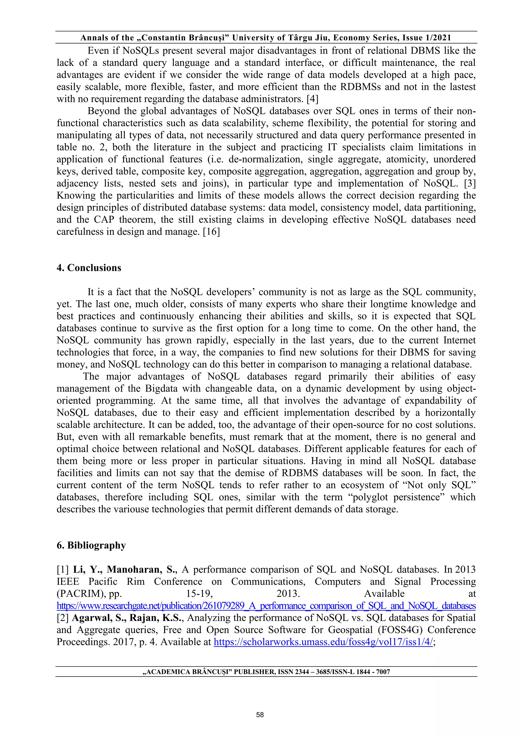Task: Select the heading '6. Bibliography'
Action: [x=91, y=545]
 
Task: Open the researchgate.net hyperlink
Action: [x=266, y=606]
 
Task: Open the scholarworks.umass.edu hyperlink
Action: [x=323, y=642]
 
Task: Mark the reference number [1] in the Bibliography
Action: [x=63, y=570]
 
